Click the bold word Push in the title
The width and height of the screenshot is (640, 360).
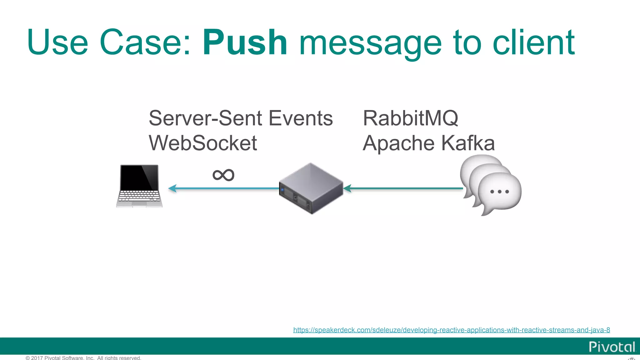[x=245, y=43]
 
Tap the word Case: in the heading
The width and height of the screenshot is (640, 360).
[x=145, y=43]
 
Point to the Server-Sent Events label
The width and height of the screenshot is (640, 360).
[x=241, y=118]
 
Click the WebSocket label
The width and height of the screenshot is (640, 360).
[x=203, y=143]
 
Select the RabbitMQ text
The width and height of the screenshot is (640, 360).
[x=410, y=118]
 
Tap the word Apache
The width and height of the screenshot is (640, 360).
[x=398, y=144]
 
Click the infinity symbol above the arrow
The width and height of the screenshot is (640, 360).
[x=223, y=175]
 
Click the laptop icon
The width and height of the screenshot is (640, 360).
[x=139, y=186]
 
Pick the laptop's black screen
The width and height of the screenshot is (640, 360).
[x=139, y=177]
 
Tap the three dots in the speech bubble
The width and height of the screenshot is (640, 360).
[x=499, y=192]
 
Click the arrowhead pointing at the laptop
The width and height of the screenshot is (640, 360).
[x=172, y=188]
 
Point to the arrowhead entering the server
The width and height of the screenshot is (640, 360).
[x=347, y=188]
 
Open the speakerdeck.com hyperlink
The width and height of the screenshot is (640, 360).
[x=451, y=330]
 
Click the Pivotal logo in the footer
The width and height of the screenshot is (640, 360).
[x=612, y=347]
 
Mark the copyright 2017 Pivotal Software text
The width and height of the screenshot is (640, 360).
[x=83, y=358]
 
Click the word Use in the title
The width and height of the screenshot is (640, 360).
[x=57, y=43]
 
